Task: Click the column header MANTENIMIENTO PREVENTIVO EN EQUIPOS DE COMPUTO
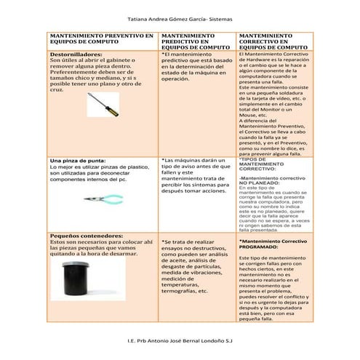click(x=101, y=39)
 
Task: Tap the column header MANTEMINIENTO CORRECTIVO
click(x=274, y=39)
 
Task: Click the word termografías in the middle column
click(x=179, y=292)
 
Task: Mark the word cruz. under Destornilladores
click(x=57, y=89)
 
